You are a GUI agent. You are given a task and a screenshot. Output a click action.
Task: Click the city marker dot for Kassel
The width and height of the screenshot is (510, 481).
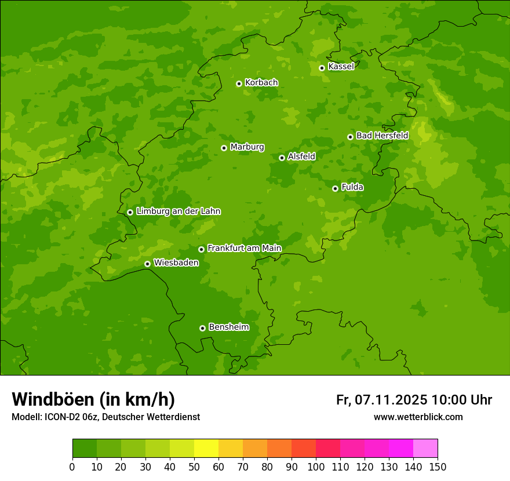[322, 68]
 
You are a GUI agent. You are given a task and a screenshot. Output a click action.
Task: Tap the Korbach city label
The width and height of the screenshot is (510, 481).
[261, 83]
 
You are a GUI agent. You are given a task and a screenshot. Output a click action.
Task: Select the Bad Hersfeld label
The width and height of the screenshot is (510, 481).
[382, 136]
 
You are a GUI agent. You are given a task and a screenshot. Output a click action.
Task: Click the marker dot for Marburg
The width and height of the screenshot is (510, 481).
[224, 148]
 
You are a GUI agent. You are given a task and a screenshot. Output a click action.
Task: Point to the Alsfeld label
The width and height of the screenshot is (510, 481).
[301, 156]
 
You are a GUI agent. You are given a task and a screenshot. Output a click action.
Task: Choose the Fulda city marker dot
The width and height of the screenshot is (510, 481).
[335, 188]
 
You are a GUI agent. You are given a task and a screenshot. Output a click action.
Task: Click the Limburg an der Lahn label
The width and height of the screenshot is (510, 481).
[178, 212]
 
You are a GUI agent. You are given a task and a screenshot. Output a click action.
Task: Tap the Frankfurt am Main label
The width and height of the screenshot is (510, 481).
[244, 248]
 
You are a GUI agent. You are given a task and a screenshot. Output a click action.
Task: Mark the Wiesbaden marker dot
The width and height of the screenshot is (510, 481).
[147, 264]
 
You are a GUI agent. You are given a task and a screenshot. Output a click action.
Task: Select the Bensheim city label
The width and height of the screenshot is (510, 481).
[228, 327]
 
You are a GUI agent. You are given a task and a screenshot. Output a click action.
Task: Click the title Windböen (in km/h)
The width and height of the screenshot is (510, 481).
[93, 399]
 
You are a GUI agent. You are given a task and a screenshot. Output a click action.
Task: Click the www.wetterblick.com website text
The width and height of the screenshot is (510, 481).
[418, 417]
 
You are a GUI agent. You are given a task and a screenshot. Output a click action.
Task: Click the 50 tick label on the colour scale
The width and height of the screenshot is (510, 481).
[194, 467]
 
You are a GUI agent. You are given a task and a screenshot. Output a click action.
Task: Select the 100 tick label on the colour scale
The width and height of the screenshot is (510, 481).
[316, 467]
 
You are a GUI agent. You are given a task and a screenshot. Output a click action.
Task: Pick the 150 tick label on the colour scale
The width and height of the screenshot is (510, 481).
[438, 467]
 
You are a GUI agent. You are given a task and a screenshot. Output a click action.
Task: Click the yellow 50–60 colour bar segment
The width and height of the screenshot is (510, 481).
[206, 449]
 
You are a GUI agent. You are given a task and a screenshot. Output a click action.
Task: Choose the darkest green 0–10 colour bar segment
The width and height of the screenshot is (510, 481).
[85, 449]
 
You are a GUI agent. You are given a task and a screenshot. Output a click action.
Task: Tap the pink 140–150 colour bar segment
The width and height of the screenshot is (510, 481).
[425, 449]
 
